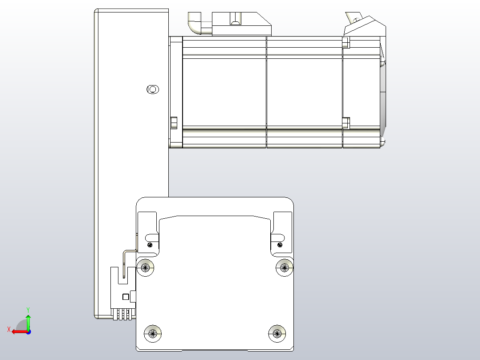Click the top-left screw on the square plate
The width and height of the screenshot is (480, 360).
146,267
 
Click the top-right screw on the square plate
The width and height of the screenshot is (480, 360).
285,267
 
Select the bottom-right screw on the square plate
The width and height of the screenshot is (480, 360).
277,332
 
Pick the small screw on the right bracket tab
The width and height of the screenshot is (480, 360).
279,244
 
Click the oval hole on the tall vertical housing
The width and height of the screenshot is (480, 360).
152,90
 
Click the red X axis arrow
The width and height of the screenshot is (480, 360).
18,331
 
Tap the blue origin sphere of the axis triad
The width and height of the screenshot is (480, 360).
28,331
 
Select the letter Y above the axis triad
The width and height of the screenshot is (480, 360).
28,309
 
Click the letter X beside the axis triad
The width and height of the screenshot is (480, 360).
8,329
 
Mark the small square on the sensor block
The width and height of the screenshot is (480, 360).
126,297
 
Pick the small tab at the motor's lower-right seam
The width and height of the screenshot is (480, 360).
346,122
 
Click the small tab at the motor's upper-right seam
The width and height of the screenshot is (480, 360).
346,42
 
